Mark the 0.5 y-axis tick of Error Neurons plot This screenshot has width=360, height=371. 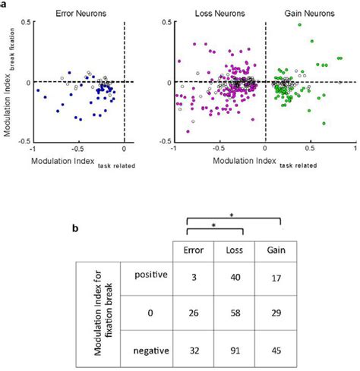point(24,22)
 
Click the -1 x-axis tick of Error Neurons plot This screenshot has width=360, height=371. point(33,149)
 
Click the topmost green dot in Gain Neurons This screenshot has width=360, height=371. point(299,25)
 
